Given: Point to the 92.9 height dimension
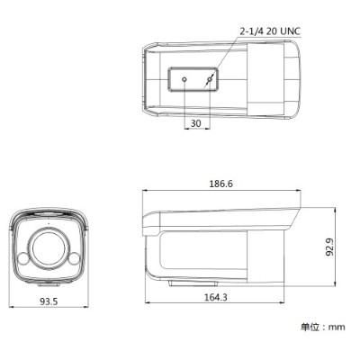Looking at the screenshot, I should (329, 246).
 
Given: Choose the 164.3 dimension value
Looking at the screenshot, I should (214, 297).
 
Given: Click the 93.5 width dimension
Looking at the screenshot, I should (50, 302).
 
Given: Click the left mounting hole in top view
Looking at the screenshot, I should (184, 80).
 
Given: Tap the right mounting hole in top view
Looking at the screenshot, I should (211, 80).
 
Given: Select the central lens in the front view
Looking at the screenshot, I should (50, 247).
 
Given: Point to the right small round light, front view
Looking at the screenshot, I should (76, 260).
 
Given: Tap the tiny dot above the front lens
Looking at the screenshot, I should (50, 219).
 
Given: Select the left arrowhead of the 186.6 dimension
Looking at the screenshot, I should (146, 191).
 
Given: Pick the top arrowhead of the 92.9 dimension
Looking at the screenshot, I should (334, 207).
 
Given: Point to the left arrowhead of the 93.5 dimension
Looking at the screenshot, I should (13, 295).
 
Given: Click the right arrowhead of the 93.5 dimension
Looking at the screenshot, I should (88, 295).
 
